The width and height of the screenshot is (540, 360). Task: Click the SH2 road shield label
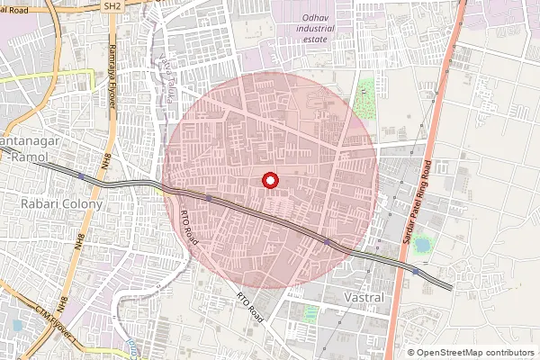coord(112,5)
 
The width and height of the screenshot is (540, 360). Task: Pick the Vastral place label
coord(364,296)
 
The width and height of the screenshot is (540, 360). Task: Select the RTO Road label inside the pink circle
coord(189,226)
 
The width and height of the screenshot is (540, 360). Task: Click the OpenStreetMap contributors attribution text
coord(470,353)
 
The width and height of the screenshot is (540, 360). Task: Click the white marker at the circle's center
coord(268,180)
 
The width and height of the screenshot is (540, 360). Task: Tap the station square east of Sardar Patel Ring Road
coord(415,270)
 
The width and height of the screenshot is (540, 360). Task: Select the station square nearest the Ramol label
coord(81,176)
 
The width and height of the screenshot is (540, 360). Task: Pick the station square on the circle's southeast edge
coord(326,241)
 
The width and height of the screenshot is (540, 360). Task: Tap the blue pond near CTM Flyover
coord(17,325)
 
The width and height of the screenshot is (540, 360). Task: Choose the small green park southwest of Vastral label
coord(311,312)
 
